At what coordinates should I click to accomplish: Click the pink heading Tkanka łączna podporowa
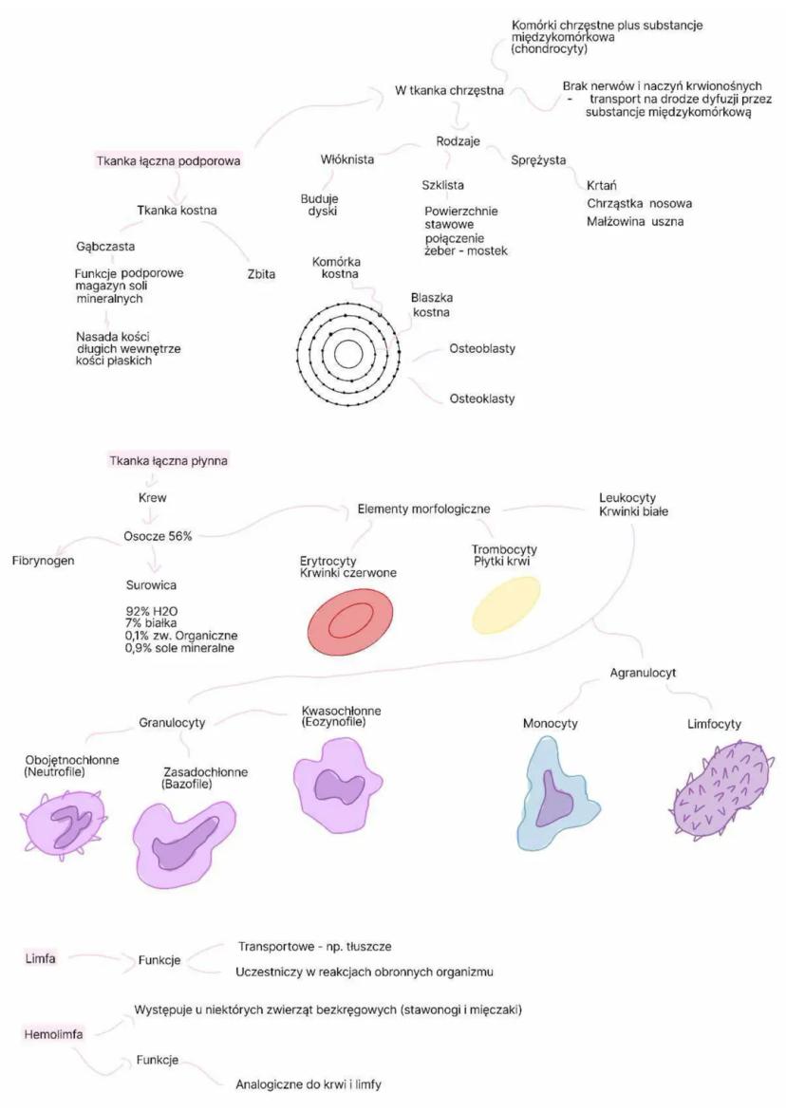pos(168,161)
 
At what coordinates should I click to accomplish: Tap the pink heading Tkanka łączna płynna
pos(169,460)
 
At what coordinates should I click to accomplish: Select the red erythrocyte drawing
pos(351,621)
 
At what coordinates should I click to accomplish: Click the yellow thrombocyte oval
pos(506,604)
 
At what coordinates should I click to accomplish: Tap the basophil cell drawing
pos(184,843)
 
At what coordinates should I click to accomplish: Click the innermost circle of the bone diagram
pos(348,354)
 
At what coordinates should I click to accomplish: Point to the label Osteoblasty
pos(482,348)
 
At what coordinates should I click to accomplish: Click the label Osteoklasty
pos(482,398)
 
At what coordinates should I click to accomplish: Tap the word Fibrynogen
pos(44,561)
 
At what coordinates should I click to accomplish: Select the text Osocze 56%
pos(158,536)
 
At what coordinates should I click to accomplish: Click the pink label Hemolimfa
pos(53,1034)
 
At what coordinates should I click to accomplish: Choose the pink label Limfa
pos(41,958)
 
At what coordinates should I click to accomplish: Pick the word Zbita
pos(262,274)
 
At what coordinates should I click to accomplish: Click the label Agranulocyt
pos(643,673)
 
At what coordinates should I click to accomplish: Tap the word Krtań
pos(602,186)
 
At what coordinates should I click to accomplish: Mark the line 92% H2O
pos(152,611)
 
